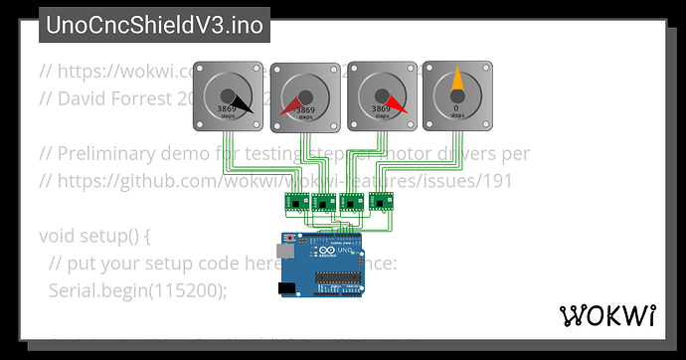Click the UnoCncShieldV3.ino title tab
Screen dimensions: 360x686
tap(154, 25)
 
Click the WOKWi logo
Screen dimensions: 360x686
tap(607, 316)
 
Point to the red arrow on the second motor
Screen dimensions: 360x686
tap(290, 106)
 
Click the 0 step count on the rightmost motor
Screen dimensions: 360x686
tap(456, 107)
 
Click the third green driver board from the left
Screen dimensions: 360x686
tap(352, 202)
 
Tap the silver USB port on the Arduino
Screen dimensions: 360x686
tap(285, 254)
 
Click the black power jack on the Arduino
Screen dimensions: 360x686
tap(287, 288)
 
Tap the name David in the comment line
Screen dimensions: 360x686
tap(82, 99)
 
